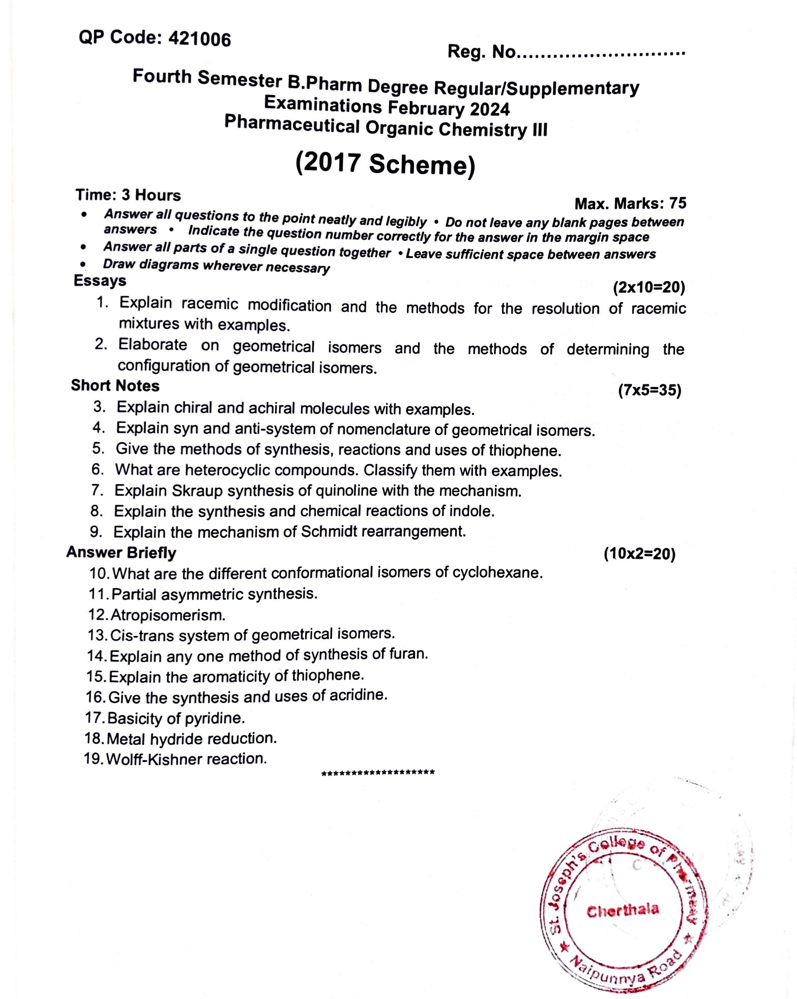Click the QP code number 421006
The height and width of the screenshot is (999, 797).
(199, 39)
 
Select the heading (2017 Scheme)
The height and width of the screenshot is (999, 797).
(385, 164)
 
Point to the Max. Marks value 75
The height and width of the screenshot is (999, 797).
(677, 203)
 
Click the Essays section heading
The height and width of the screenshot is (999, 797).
(100, 281)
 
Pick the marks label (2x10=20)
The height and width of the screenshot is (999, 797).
(648, 288)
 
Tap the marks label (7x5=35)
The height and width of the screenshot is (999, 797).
(650, 390)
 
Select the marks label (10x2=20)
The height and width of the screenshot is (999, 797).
(639, 554)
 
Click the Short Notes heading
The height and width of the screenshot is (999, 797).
(115, 386)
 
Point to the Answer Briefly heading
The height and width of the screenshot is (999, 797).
(121, 553)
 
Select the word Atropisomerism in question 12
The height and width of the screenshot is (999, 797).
(168, 615)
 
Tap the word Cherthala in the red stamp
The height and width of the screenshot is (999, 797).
(623, 910)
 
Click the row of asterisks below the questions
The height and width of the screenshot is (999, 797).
(378, 773)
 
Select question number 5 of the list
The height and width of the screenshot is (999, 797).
(98, 449)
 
